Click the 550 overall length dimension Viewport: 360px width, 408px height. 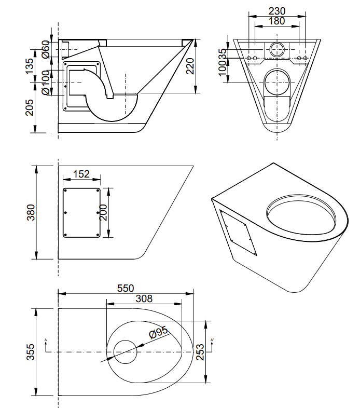126,288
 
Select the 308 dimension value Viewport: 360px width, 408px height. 144,298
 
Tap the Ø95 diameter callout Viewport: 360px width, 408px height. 158,332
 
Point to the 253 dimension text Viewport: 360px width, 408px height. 200,352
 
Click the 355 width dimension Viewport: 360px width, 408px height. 31,352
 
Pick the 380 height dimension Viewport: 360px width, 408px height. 31,212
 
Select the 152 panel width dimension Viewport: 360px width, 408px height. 81,174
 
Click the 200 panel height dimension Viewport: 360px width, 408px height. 103,212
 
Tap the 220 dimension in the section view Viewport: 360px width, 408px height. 190,66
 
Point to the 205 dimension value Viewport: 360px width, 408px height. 30,107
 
